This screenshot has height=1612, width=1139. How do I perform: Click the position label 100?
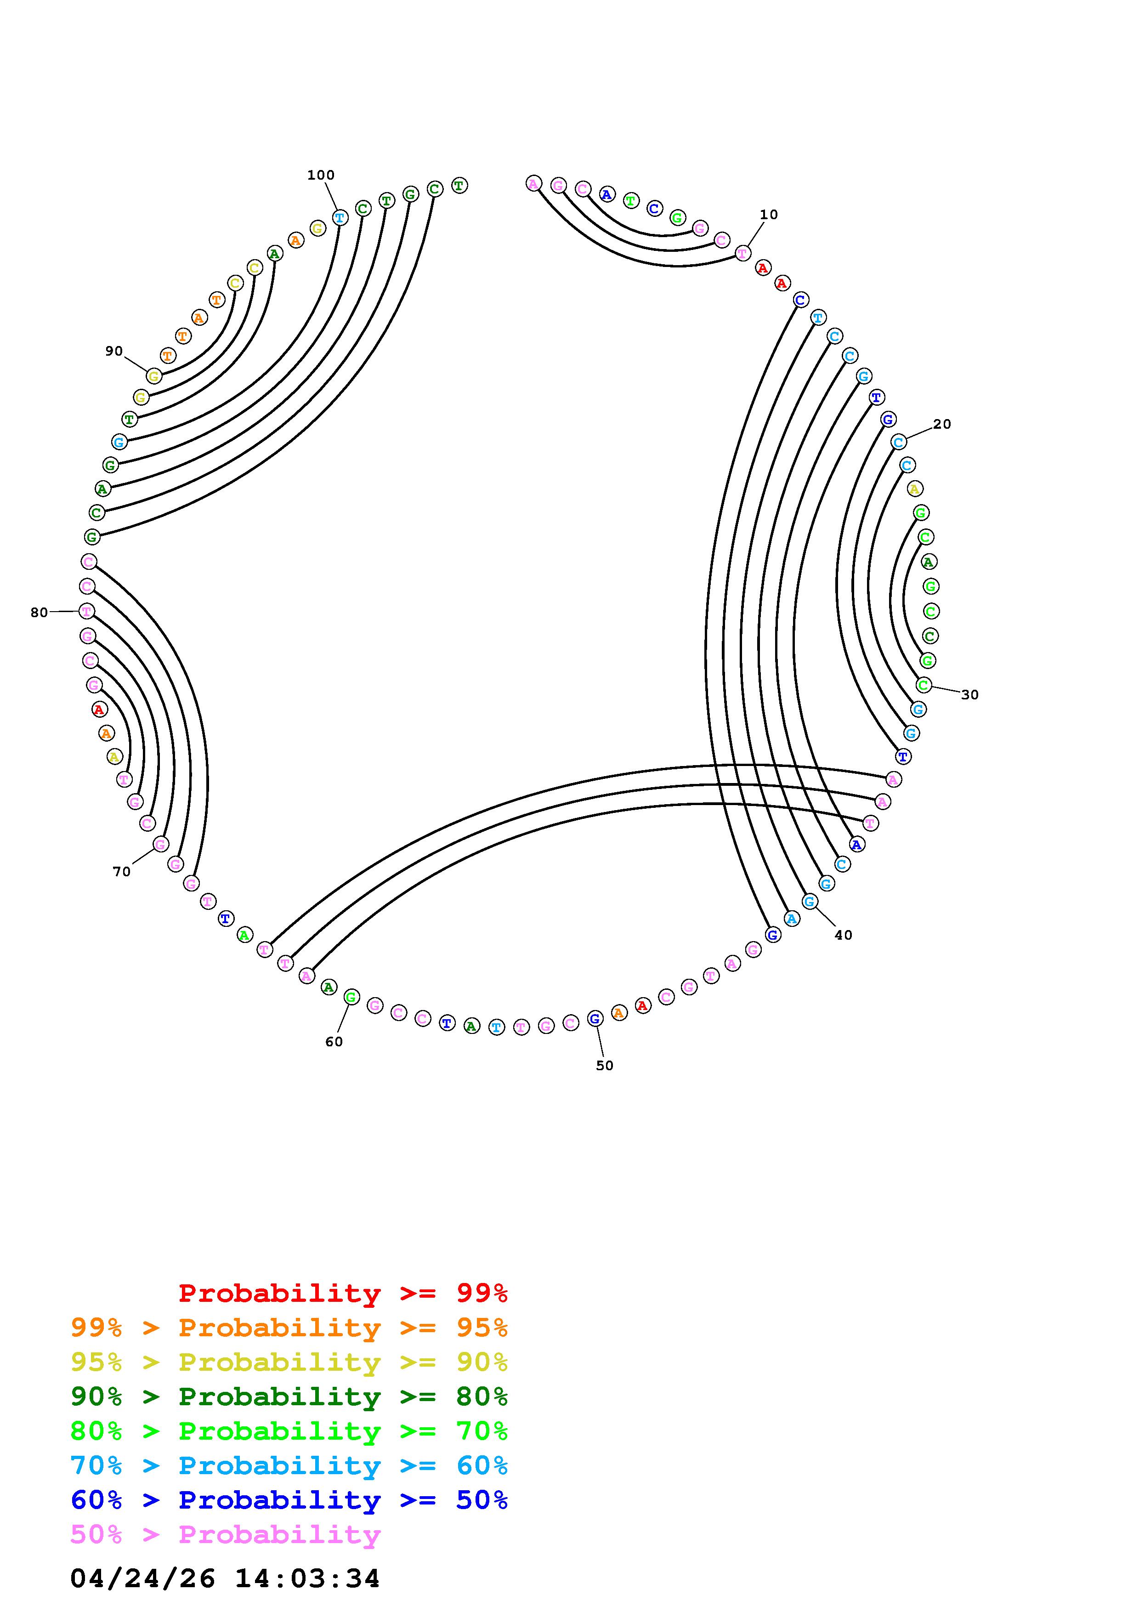(321, 175)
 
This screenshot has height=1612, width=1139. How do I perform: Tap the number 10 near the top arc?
(769, 214)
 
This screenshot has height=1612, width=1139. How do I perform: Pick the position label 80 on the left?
(40, 612)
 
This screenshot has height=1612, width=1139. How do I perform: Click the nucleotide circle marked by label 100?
(340, 218)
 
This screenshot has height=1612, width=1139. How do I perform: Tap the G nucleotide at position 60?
(351, 996)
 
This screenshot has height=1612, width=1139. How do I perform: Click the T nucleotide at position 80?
(86, 611)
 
